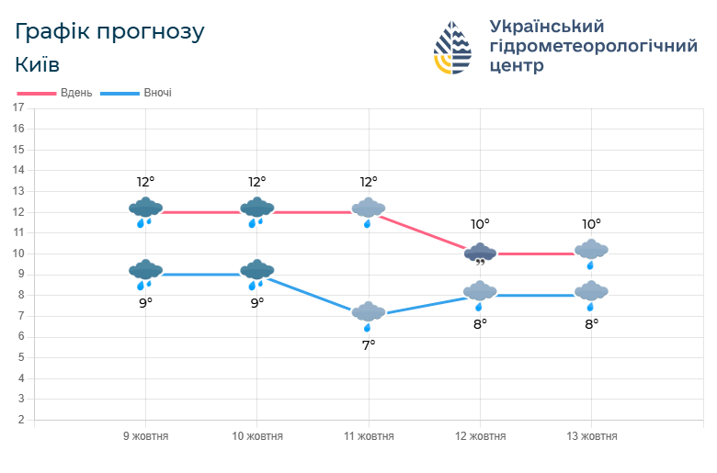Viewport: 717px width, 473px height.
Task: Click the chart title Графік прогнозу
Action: pyautogui.click(x=109, y=32)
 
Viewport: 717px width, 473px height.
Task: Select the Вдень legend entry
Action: pyautogui.click(x=56, y=93)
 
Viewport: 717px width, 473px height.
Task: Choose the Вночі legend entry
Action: pyautogui.click(x=137, y=93)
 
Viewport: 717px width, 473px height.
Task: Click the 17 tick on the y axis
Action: pyautogui.click(x=18, y=107)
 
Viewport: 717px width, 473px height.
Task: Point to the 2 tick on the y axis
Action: pyautogui.click(x=20, y=420)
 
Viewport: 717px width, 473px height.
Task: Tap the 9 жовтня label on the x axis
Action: pyautogui.click(x=145, y=436)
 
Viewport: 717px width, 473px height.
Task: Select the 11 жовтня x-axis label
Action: pyautogui.click(x=368, y=436)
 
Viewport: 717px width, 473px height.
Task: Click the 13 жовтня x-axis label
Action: pyautogui.click(x=590, y=436)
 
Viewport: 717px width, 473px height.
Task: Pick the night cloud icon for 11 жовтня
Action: pyautogui.click(x=368, y=314)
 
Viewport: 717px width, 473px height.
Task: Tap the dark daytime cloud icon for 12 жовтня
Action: pyautogui.click(x=480, y=253)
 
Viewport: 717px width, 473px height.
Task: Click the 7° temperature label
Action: pyautogui.click(x=368, y=345)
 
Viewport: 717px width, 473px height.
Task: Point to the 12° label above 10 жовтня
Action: pyautogui.click(x=256, y=182)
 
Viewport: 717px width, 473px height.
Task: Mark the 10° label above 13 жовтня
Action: pyautogui.click(x=591, y=223)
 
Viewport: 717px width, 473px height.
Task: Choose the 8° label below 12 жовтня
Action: pyautogui.click(x=480, y=323)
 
